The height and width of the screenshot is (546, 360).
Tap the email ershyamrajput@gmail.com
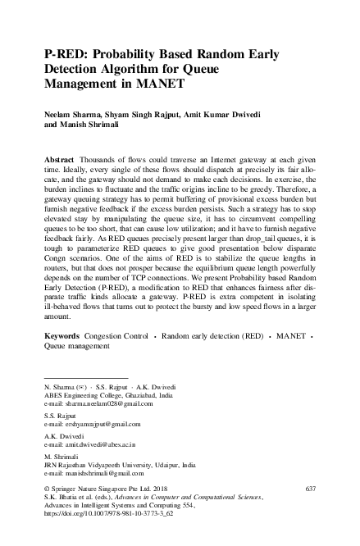[x=93, y=424]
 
